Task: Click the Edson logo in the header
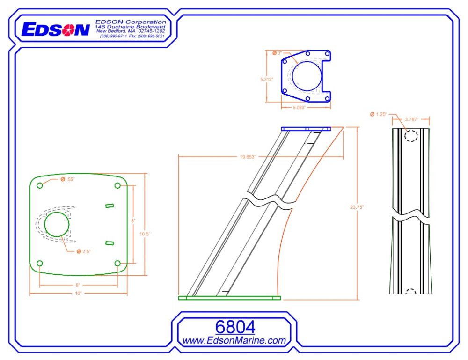pyautogui.click(x=55, y=29)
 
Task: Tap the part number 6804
pyautogui.click(x=235, y=327)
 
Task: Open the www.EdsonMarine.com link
pyautogui.click(x=234, y=341)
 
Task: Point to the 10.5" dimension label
pyautogui.click(x=145, y=234)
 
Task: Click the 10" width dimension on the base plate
pyautogui.click(x=78, y=294)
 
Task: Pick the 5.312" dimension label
pyautogui.click(x=266, y=80)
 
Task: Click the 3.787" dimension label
pyautogui.click(x=411, y=119)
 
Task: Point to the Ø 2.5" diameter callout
pyautogui.click(x=84, y=251)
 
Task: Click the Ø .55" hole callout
pyautogui.click(x=68, y=180)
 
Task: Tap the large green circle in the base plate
pyautogui.click(x=57, y=223)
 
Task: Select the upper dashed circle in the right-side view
pyautogui.click(x=411, y=136)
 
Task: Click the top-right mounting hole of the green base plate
pyautogui.click(x=117, y=185)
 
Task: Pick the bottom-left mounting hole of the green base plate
pyautogui.click(x=40, y=263)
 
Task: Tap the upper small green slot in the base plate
pyautogui.click(x=109, y=206)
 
